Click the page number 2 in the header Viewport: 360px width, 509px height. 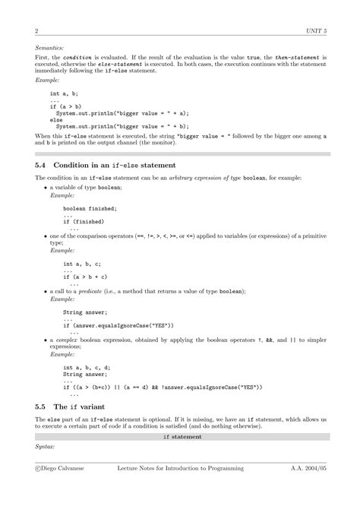coord(36,31)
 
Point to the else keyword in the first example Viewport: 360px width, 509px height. coord(56,119)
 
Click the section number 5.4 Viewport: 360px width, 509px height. coord(45,164)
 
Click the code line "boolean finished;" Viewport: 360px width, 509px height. coord(90,208)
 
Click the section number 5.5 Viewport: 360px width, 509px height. coord(45,406)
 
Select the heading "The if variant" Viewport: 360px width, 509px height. coord(88,406)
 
